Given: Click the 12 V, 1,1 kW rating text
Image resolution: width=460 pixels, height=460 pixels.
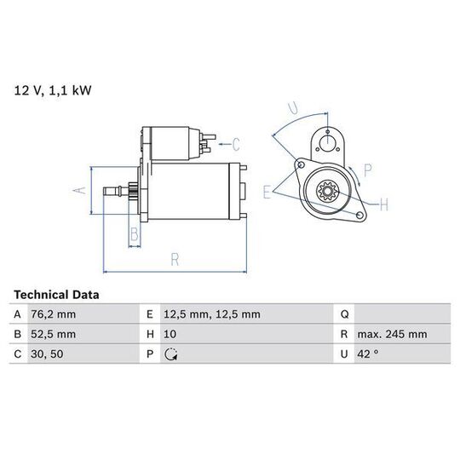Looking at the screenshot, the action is [x=53, y=90].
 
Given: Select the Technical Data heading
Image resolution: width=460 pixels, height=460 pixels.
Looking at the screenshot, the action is [x=56, y=295].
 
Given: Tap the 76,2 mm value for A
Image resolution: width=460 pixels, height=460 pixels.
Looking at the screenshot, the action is [x=54, y=314].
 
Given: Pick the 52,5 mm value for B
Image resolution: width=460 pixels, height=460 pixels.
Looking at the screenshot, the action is [x=54, y=334].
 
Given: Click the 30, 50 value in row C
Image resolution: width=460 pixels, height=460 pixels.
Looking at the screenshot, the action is [x=47, y=354].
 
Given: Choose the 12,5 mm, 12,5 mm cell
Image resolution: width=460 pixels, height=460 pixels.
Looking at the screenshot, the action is [x=212, y=314].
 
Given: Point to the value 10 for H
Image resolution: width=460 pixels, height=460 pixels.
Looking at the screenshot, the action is [x=170, y=334].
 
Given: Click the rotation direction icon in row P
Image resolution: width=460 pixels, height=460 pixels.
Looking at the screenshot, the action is [x=170, y=354].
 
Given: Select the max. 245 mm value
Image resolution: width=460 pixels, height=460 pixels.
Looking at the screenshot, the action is [x=392, y=334].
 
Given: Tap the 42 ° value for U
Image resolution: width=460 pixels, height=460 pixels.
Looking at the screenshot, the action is [x=368, y=354].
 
